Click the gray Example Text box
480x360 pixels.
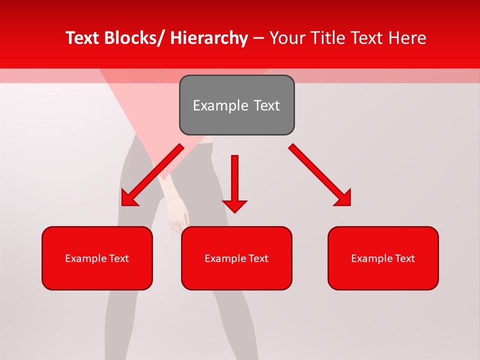coord(236,105)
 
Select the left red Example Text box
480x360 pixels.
coord(97,258)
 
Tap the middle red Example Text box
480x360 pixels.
coord(236,258)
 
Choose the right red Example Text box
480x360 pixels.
coord(383,258)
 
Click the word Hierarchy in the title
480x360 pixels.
coord(208,38)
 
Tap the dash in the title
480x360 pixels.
coord(258,38)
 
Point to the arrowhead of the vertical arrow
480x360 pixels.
coord(234,205)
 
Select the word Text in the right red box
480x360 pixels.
coord(404,258)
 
